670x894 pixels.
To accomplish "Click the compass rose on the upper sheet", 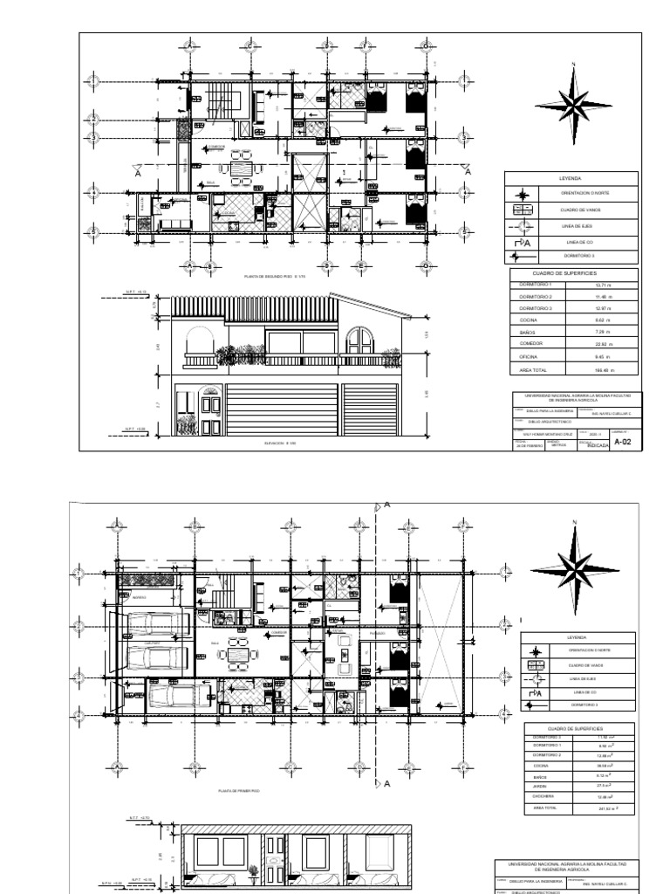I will (573, 105).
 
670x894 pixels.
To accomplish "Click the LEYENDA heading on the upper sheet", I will (571, 178).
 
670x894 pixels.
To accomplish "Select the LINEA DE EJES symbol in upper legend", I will (520, 226).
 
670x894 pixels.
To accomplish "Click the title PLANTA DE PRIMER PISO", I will (240, 791).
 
